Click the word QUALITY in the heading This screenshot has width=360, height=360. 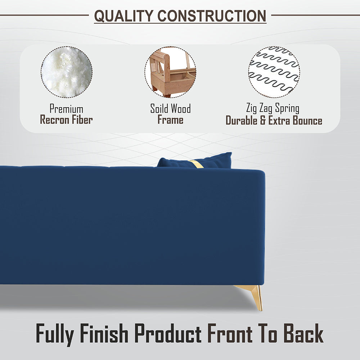pyautogui.click(x=124, y=16)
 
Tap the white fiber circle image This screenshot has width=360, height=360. pyautogui.click(x=67, y=72)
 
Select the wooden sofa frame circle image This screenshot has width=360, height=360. pyautogui.click(x=170, y=72)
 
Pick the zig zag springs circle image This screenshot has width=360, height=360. pyautogui.click(x=274, y=72)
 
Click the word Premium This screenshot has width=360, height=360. pyautogui.click(x=66, y=109)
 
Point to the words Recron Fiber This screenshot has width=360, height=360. pyautogui.click(x=66, y=120)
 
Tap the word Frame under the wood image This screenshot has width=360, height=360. pyautogui.click(x=170, y=120)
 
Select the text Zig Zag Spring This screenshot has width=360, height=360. pyautogui.click(x=273, y=108)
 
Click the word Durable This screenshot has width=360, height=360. pyautogui.click(x=242, y=120)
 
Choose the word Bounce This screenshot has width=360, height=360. pyautogui.click(x=307, y=120)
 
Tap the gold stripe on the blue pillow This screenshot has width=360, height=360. pyautogui.click(x=197, y=164)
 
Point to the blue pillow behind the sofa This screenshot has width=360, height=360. pyautogui.click(x=195, y=161)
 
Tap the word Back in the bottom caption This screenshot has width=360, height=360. pyautogui.click(x=303, y=333)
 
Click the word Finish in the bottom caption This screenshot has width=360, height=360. pyautogui.click(x=104, y=333)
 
